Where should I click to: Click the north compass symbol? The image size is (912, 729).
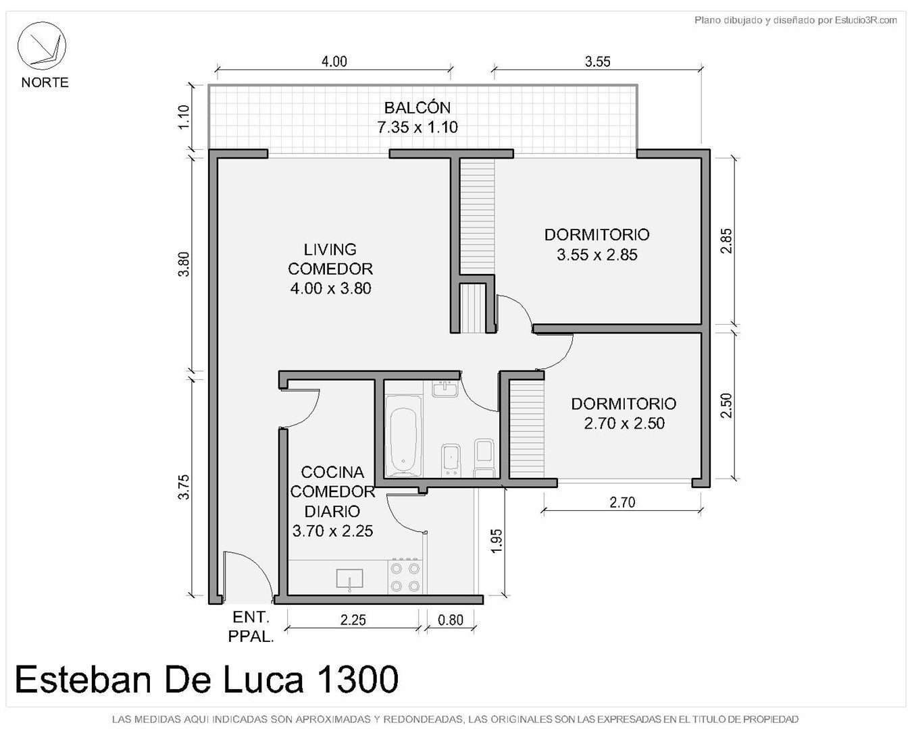[41, 46]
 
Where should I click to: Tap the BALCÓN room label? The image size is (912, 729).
[417, 107]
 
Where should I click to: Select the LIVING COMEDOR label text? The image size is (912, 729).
[330, 259]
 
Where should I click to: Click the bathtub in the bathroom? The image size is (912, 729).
[403, 436]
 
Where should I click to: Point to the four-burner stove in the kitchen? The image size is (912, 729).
[405, 576]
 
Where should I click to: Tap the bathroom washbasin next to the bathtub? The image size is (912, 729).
[445, 388]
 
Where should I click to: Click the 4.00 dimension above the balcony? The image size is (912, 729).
[334, 61]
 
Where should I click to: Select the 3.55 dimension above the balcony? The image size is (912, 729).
[598, 61]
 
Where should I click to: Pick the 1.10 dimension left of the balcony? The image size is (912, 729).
[184, 117]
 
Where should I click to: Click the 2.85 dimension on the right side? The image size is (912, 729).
[726, 240]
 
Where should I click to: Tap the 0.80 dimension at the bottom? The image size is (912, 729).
[450, 620]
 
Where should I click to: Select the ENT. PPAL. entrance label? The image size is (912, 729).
[251, 626]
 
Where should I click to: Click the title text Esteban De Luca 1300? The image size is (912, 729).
[207, 679]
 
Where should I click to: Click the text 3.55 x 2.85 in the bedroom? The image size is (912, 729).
[597, 254]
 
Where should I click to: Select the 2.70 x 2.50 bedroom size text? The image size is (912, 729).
[624, 423]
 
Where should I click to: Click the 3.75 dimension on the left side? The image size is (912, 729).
[184, 487]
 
